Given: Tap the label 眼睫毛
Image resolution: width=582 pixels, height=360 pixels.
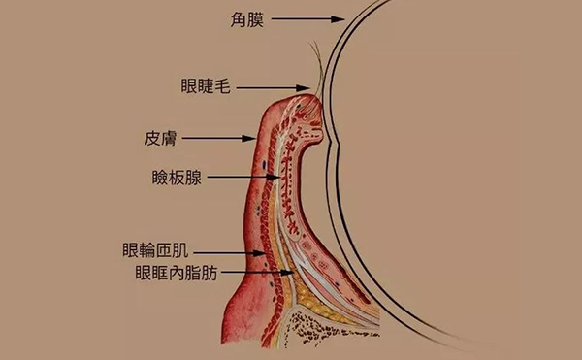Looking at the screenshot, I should (205, 87).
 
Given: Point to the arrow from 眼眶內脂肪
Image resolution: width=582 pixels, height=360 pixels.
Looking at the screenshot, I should (257, 273).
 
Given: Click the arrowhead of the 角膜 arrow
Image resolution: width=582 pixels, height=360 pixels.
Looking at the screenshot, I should (340, 17).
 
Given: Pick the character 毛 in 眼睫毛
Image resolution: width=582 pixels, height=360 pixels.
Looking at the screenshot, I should (221, 87).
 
